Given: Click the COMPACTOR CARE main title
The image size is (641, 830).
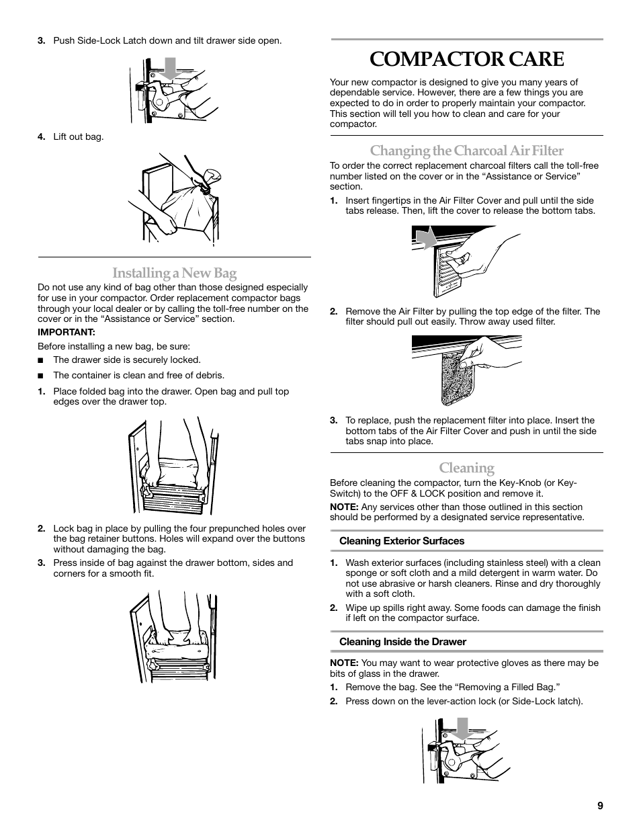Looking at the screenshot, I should (466, 59).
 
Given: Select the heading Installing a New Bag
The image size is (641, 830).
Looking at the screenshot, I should (174, 273).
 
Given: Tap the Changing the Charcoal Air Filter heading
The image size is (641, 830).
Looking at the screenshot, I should (466, 151).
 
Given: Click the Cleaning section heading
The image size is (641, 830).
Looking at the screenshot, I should (466, 468).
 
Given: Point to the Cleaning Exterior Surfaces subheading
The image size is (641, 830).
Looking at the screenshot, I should (401, 541).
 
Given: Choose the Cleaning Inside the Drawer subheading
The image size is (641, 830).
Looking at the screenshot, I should (402, 642).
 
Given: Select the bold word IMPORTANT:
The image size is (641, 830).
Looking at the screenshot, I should (67, 332).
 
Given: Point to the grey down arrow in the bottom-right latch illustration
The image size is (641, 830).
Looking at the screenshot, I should (462, 729).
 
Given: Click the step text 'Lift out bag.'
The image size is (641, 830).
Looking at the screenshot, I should (79, 137).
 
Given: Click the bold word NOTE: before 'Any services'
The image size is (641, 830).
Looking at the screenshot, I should (344, 507).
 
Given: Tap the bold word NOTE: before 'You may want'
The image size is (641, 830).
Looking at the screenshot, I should (344, 663).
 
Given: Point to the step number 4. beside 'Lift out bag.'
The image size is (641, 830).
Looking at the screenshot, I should (41, 137).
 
